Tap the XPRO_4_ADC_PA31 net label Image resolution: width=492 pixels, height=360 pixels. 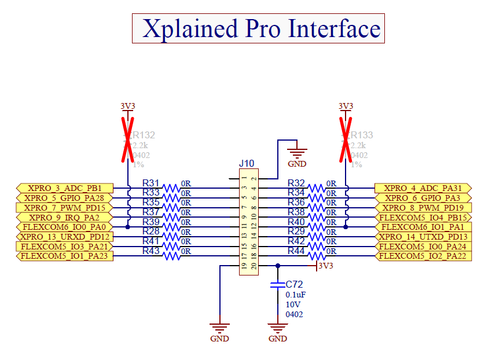(423, 188)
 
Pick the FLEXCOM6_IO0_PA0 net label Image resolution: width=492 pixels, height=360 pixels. (64, 227)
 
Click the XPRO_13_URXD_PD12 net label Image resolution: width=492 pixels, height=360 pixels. (64, 237)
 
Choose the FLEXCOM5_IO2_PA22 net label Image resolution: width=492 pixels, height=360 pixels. (422, 256)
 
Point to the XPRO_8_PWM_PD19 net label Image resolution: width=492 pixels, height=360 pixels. (423, 207)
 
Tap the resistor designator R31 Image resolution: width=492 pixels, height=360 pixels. (151, 182)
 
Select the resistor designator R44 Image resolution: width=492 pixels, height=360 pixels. (296, 251)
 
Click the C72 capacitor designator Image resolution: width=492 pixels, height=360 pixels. (294, 284)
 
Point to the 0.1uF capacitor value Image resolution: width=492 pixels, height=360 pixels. (295, 295)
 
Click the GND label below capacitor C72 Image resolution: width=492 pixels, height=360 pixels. (278, 339)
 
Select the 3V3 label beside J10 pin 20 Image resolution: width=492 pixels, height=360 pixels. (326, 266)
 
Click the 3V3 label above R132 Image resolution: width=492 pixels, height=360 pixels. (127, 106)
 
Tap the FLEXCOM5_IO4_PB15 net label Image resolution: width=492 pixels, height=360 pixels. (423, 217)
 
